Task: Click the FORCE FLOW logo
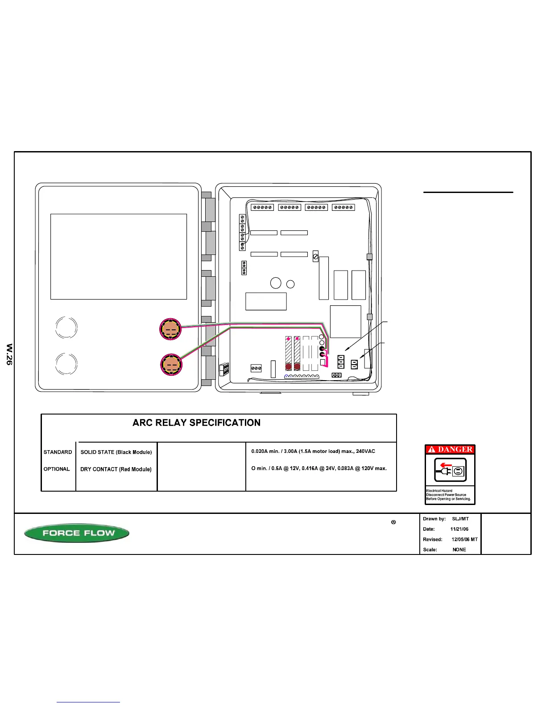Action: pos(77,533)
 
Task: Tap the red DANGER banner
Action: pos(450,449)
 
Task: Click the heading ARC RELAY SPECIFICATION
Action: pos(196,423)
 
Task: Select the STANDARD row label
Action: pos(58,452)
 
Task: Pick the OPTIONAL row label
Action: pos(57,469)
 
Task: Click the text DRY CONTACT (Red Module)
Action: pos(116,469)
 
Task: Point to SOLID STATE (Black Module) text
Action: pos(116,452)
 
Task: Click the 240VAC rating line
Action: pos(313,452)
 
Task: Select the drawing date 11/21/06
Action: pos(459,529)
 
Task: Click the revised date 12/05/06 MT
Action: pos(464,539)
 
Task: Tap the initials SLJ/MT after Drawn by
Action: pos(460,519)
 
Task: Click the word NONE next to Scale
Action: pos(459,550)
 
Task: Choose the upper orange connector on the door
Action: pos(170,329)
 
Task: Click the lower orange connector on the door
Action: pos(171,365)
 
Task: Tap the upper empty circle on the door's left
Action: pos(66,328)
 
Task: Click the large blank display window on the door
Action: pos(118,256)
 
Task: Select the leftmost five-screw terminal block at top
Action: pos(262,207)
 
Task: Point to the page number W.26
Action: pos(9,354)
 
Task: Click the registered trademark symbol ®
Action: pos(393,522)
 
